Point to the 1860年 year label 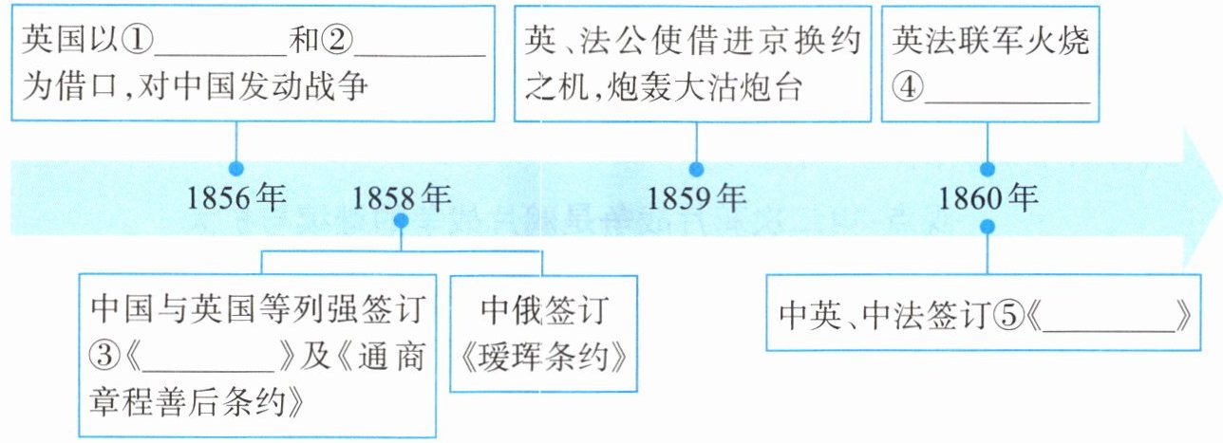point(988,199)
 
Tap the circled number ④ point(909,91)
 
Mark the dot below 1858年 point(401,221)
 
